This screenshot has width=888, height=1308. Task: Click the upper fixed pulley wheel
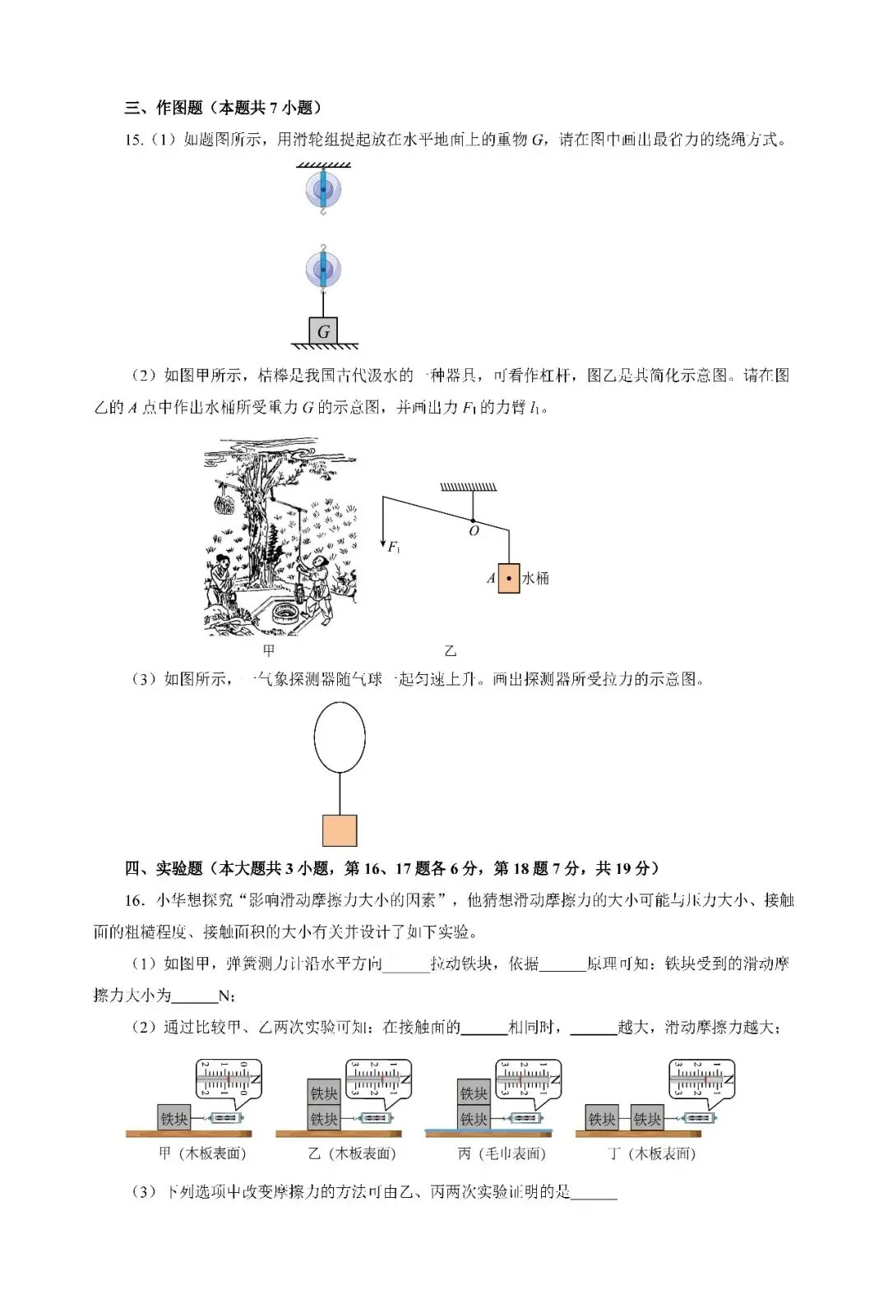(323, 190)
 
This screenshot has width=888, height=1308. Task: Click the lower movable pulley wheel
(323, 269)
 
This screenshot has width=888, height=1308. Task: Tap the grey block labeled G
(323, 331)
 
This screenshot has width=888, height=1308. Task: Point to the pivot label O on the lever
(474, 532)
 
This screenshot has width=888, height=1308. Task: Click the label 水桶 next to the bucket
(535, 579)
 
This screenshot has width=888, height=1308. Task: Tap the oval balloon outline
(340, 737)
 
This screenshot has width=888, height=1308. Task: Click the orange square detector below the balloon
(340, 830)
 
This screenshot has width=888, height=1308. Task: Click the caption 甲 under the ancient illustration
(268, 651)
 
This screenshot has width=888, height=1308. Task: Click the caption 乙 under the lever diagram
(450, 651)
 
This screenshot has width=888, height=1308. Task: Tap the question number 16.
(135, 900)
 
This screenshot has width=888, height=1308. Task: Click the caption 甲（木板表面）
(202, 1153)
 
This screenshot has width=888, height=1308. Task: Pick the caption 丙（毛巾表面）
(502, 1153)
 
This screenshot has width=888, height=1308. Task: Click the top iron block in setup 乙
(324, 1093)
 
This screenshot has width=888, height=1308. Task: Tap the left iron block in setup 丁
(602, 1119)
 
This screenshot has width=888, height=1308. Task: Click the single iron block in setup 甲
(174, 1119)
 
